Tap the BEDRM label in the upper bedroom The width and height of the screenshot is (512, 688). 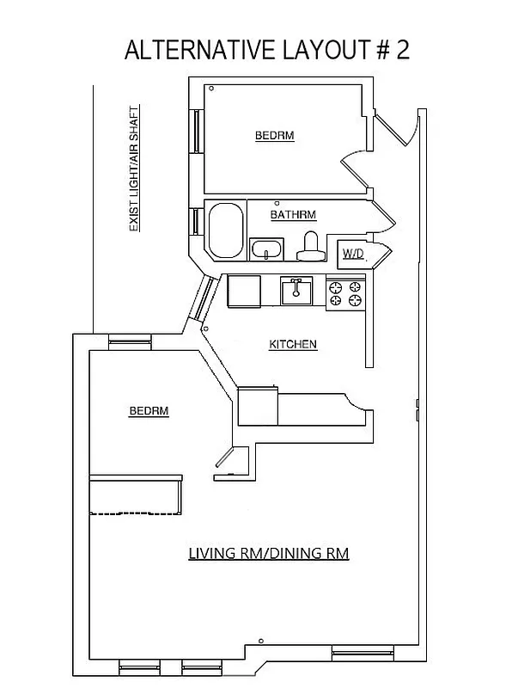[x=274, y=136]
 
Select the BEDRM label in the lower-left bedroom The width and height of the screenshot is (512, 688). [x=149, y=411]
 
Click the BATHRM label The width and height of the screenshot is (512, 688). [x=293, y=214]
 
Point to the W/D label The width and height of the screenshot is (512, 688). [x=353, y=253]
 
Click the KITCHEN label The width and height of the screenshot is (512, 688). [x=293, y=344]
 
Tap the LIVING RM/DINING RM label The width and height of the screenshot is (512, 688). [x=268, y=553]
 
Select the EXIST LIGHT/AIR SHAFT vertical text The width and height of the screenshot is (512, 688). [x=134, y=170]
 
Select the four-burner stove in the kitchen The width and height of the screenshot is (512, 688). [x=345, y=294]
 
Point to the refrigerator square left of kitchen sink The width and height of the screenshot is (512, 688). [x=243, y=291]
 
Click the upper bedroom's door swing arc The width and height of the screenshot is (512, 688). [x=354, y=169]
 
